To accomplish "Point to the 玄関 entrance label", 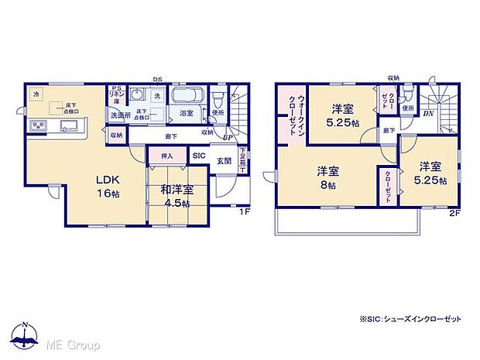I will [x=224, y=160].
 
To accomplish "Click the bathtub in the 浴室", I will [x=186, y=98].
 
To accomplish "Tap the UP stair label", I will [x=227, y=138].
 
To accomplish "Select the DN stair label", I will [x=428, y=114].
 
